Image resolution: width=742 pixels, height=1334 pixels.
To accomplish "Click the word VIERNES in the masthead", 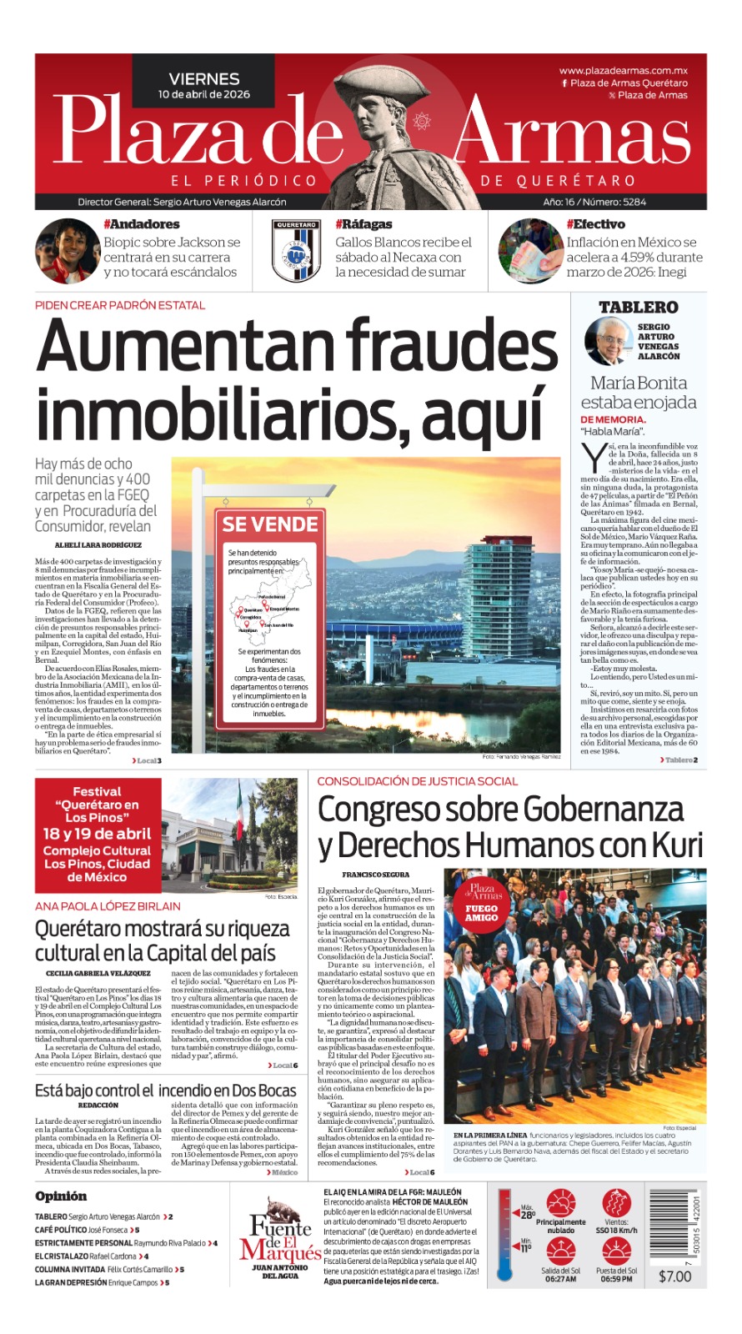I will [203, 78].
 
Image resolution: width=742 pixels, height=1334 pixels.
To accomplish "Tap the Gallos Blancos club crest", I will [296, 249].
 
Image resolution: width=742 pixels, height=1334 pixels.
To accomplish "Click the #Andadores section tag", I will [141, 224].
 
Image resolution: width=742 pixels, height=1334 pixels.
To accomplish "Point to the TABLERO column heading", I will [638, 308].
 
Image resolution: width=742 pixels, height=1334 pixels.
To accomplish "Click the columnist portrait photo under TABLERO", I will [608, 341].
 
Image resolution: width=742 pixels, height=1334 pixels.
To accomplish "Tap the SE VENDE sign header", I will [269, 524].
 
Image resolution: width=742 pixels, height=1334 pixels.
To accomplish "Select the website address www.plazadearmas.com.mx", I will [623, 71].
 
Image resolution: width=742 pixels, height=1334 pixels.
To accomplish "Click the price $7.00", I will [674, 1276].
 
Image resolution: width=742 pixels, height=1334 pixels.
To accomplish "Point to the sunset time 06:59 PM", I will [616, 1279].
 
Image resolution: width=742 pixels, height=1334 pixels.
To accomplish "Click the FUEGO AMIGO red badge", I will [481, 913].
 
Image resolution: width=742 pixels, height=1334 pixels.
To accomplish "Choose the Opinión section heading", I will [61, 1196].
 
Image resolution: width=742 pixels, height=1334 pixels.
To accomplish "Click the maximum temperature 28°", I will [528, 1215].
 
